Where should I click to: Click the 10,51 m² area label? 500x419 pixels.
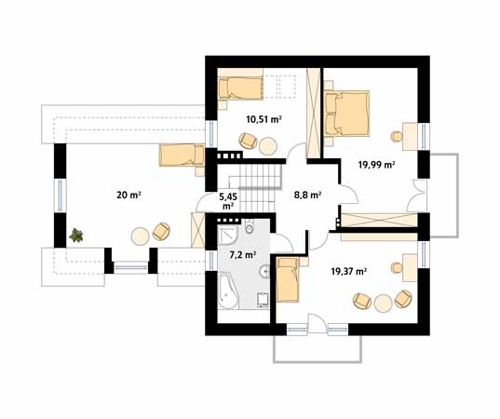click(264, 119)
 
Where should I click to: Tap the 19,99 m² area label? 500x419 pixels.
click(376, 165)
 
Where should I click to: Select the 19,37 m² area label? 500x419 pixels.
click(348, 271)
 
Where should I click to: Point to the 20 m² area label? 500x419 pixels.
click(128, 195)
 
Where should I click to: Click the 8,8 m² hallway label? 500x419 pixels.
click(307, 195)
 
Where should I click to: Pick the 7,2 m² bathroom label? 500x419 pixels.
click(243, 255)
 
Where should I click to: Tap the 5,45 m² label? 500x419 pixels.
click(228, 201)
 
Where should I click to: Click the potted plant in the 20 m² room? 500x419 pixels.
click(76, 236)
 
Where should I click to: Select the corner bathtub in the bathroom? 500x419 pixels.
click(228, 291)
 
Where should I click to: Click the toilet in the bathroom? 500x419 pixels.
click(249, 227)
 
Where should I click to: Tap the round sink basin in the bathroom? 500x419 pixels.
click(264, 271)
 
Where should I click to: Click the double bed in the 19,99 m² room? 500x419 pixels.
click(347, 114)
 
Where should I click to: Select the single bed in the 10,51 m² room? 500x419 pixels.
click(240, 88)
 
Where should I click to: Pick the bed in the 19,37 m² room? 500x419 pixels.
click(288, 280)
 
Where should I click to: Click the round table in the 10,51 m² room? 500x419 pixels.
click(268, 146)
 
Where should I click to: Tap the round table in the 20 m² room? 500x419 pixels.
click(140, 236)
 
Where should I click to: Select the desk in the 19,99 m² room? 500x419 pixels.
click(410, 137)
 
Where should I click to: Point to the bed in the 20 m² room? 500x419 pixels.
click(182, 155)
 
